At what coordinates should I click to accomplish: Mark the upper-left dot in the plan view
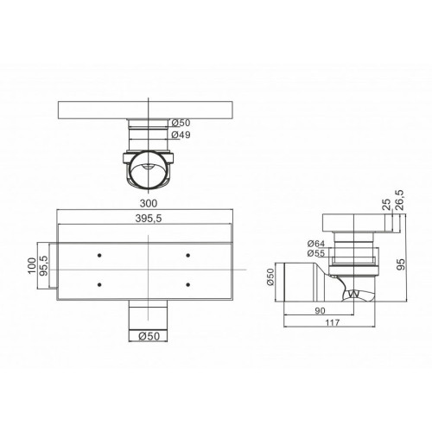pyautogui.click(x=100, y=255)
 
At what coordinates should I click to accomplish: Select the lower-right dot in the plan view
pyautogui.click(x=188, y=286)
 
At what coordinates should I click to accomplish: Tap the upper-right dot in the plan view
pyautogui.click(x=188, y=255)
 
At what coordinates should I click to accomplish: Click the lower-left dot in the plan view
pyautogui.click(x=100, y=286)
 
